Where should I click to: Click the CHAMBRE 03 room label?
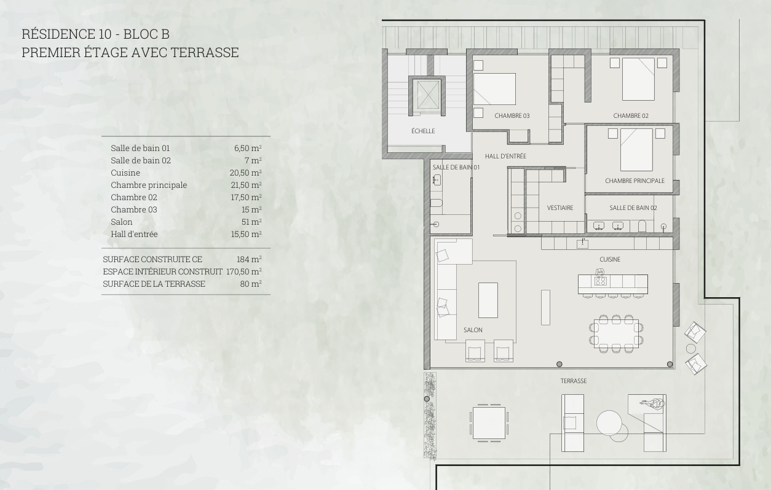coord(512,116)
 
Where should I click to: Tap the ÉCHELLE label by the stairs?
coord(423,131)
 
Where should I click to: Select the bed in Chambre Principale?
coord(636,150)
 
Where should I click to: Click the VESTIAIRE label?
coord(560,208)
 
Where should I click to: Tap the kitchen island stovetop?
coord(600,282)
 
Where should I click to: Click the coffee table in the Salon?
coord(488,300)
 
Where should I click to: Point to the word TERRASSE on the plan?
coord(574,381)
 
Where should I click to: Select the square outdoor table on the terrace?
coord(489,423)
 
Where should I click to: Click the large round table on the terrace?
coord(609,423)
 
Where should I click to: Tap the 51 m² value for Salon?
coord(251,222)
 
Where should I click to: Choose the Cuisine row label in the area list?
coord(125,173)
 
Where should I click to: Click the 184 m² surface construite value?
coord(249,259)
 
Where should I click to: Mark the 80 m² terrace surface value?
coord(251,284)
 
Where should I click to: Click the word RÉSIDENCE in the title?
coord(66,34)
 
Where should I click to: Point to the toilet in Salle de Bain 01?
coord(437,203)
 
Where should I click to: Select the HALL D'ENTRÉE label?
coord(505,156)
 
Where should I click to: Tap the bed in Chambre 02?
coord(638,79)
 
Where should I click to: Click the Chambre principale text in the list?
coord(149,185)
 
